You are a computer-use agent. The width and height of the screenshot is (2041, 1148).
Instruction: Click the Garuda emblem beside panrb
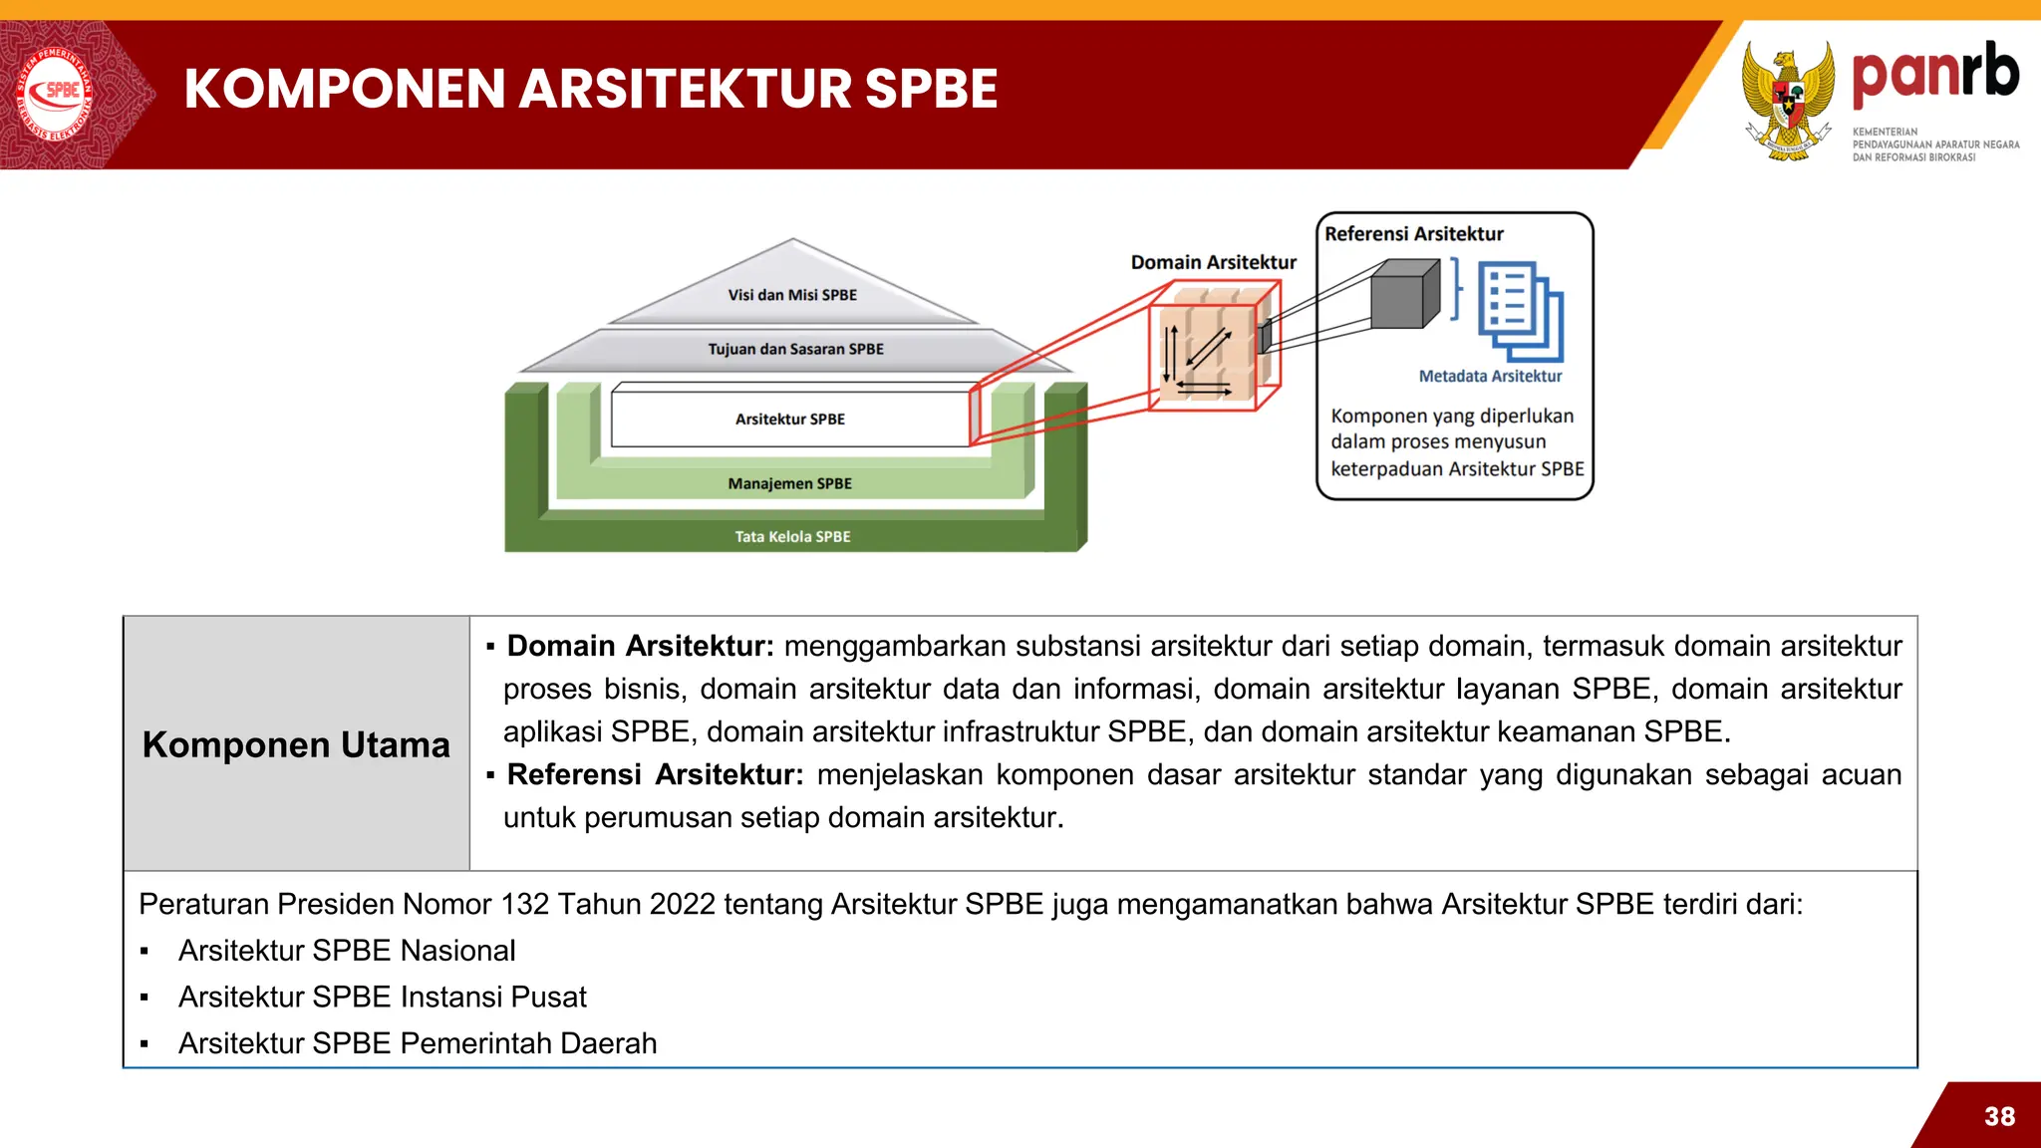pos(1788,101)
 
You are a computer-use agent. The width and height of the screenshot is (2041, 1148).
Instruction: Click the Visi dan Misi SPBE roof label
pos(792,295)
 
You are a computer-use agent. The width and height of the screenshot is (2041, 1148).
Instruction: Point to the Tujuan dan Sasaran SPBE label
pos(795,349)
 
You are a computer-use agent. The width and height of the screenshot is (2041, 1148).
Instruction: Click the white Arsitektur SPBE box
pos(789,420)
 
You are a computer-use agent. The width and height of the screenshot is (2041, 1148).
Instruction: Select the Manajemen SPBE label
pos(789,483)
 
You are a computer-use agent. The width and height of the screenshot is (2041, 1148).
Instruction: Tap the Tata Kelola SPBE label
pos(792,536)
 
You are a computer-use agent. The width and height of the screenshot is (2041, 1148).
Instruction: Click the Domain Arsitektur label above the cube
pos(1213,262)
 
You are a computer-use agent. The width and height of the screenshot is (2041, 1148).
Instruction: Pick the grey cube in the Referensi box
pos(1403,295)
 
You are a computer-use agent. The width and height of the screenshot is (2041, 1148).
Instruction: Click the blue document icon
pos(1519,311)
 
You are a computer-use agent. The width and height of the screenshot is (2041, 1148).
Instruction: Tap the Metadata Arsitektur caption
pos(1490,376)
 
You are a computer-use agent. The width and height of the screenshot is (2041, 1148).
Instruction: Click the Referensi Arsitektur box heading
pos(1413,233)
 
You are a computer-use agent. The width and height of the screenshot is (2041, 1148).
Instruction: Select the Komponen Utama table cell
pos(296,744)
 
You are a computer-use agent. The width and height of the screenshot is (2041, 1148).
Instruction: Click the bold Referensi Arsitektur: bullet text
pos(655,774)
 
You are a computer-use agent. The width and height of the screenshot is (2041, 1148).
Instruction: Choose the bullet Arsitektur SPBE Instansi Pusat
pos(382,997)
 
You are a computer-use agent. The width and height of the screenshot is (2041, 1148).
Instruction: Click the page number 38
pos(1999,1116)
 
